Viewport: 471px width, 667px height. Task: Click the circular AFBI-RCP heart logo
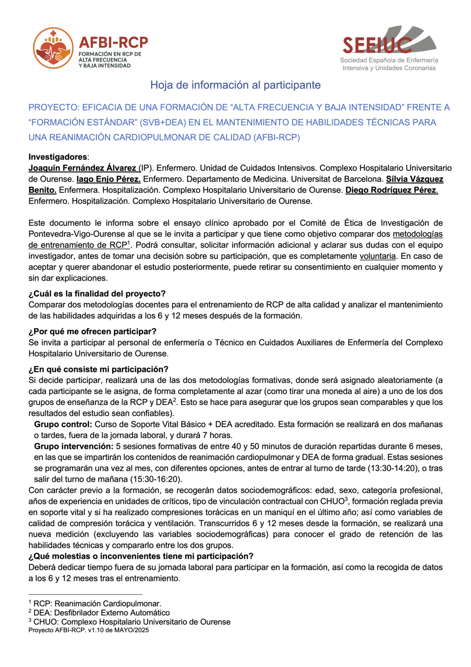coord(53,48)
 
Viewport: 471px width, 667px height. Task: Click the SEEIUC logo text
coord(377,45)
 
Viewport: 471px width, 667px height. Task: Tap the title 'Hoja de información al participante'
coord(235,85)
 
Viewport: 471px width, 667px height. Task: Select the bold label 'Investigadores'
coord(57,157)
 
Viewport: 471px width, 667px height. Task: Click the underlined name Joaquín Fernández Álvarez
coord(83,168)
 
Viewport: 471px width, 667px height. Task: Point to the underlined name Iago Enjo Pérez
coord(109,179)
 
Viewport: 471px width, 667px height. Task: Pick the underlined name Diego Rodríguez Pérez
coord(391,190)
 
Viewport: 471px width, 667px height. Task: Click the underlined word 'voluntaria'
coord(378,256)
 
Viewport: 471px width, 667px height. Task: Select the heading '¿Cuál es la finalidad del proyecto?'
coord(97,294)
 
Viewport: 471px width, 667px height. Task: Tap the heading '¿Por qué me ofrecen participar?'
coord(92,331)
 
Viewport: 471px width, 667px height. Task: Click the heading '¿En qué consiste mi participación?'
coord(98,369)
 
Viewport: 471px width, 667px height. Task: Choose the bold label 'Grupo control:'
coord(63,424)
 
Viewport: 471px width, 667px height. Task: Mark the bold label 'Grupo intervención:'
coord(74,447)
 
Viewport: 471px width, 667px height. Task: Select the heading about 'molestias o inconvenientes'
coord(141,557)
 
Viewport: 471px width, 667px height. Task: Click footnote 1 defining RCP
coord(95,603)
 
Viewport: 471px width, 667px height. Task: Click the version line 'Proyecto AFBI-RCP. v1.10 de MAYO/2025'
coord(89,630)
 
